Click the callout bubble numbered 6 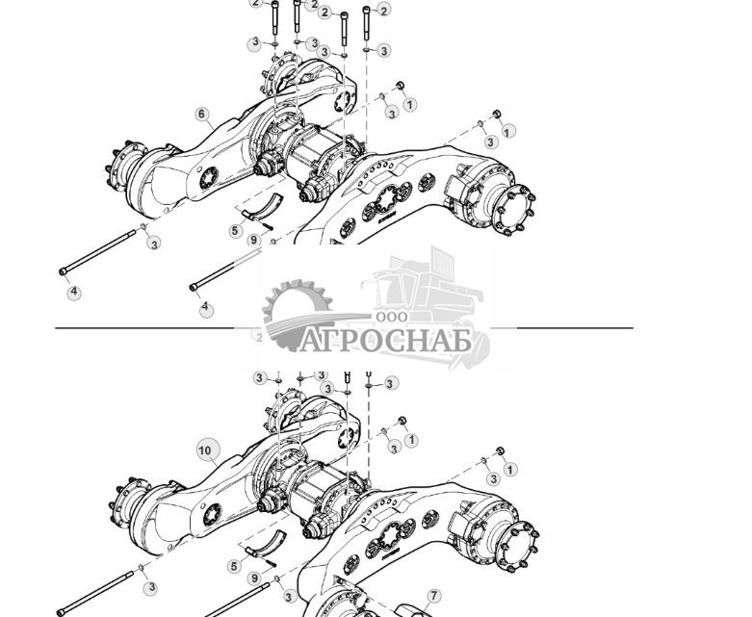[202, 114]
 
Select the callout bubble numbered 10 [205, 450]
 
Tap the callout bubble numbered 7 [434, 597]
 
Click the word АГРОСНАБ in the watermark [385, 341]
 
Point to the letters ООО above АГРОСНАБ [392, 317]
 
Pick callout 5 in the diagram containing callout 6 [236, 231]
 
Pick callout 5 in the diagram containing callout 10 [234, 566]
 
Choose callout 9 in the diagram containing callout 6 [254, 241]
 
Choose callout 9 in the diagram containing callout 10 [254, 578]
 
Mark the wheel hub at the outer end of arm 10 [129, 507]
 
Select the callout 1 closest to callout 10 [411, 440]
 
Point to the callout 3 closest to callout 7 [290, 597]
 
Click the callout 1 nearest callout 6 [410, 104]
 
